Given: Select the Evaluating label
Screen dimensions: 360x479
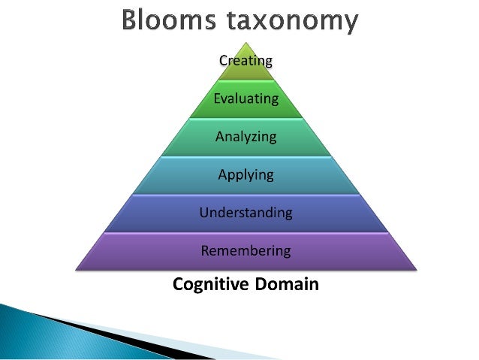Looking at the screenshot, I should click(246, 98).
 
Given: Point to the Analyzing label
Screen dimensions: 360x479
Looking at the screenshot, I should click(246, 137).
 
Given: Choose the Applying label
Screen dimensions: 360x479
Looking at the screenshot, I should click(246, 175).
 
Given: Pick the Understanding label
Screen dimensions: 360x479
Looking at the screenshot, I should click(246, 213).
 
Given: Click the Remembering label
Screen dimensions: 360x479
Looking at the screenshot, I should click(246, 250).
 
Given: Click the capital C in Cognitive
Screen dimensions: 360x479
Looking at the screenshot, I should click(178, 285).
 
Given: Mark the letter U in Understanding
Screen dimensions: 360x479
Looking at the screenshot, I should click(203, 213).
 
